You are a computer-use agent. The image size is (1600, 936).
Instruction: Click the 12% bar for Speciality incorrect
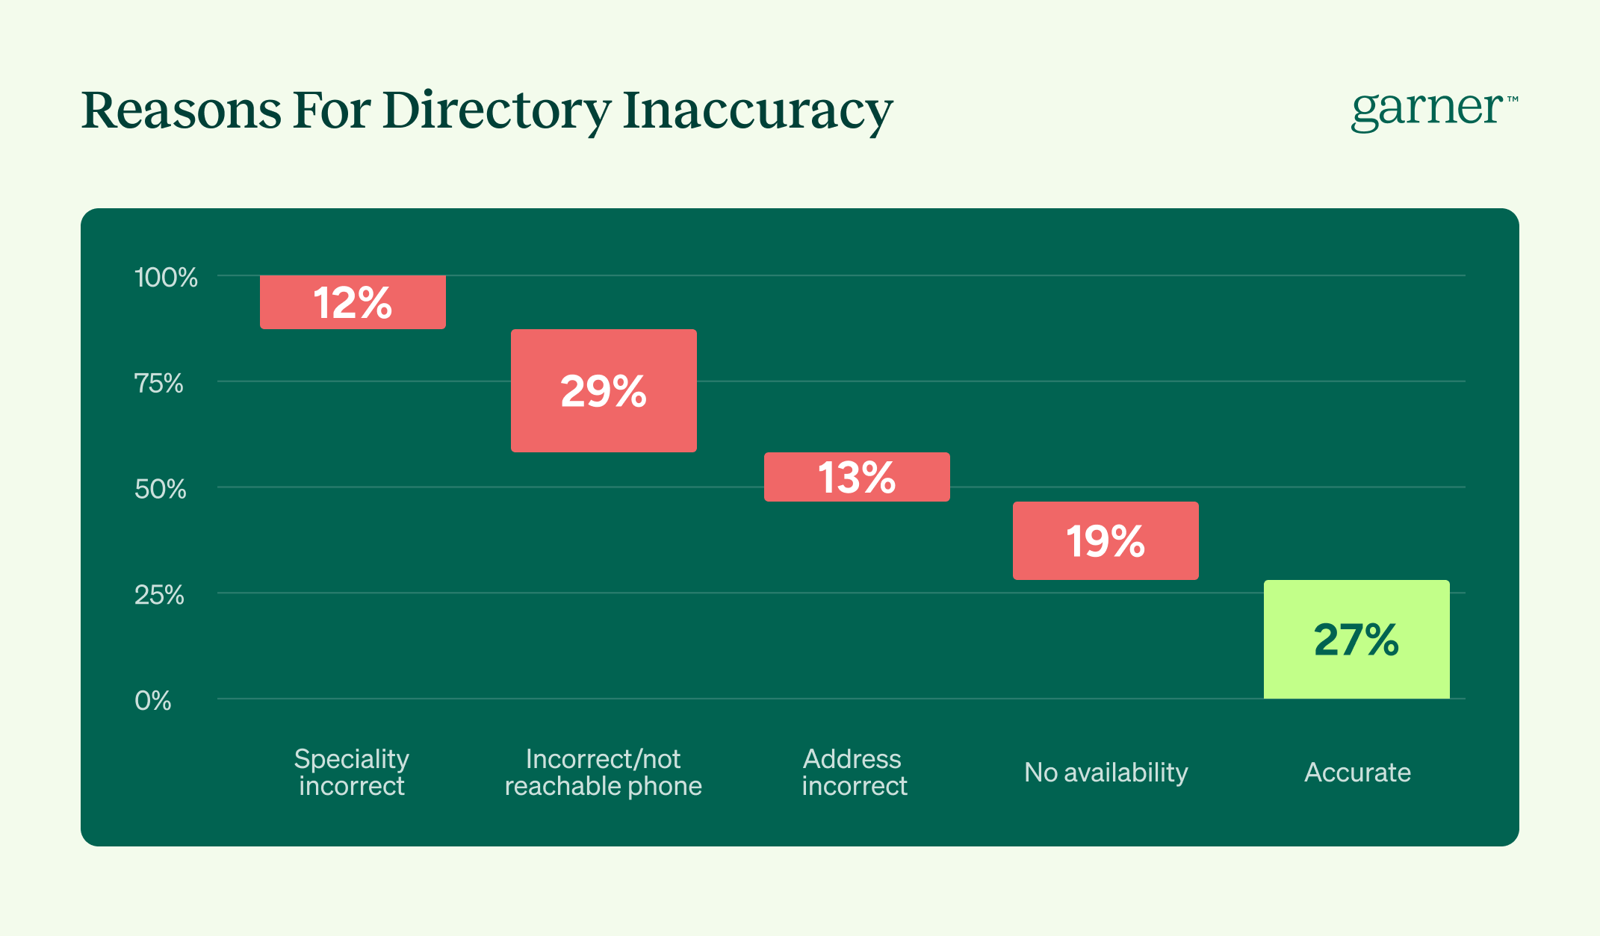[x=353, y=302]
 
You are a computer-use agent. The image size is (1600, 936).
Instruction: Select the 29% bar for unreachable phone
[x=604, y=390]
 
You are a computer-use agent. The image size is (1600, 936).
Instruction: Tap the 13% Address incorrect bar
[x=857, y=477]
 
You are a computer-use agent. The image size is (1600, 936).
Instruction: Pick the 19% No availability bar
[x=1106, y=540]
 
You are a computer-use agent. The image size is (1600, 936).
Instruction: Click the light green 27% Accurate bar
[x=1356, y=639]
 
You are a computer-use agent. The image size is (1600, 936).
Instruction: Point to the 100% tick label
[x=166, y=278]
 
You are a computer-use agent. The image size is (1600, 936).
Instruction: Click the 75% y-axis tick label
[x=158, y=384]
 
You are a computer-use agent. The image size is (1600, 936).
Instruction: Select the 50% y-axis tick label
[x=160, y=490]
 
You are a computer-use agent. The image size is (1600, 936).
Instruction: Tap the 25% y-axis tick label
[x=159, y=596]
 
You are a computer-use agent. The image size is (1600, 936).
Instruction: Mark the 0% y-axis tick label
[x=153, y=701]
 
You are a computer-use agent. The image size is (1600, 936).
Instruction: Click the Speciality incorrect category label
[x=352, y=772]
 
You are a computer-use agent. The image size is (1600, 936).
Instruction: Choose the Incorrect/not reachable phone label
[x=604, y=772]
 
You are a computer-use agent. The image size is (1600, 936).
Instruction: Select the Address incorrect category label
[x=854, y=772]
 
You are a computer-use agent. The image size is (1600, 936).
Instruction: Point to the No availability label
[x=1106, y=772]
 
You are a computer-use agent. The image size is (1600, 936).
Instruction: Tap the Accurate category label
[x=1357, y=772]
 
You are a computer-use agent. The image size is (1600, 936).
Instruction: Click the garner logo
[x=1427, y=110]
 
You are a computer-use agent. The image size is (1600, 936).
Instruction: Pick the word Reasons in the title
[x=182, y=110]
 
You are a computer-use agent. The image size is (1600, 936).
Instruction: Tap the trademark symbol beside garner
[x=1513, y=99]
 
